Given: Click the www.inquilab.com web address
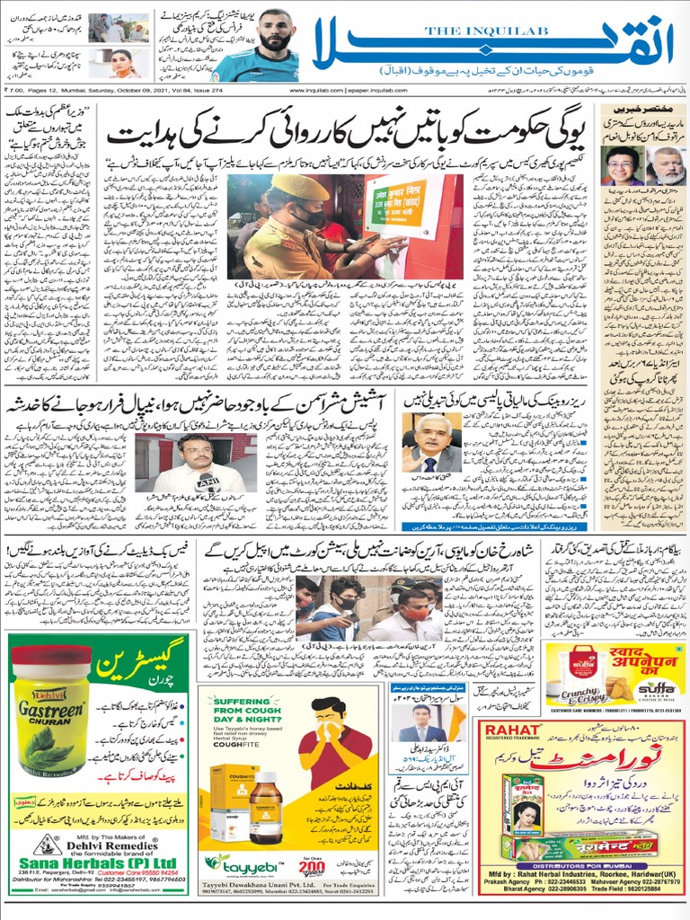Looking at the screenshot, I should pyautogui.click(x=316, y=90).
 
